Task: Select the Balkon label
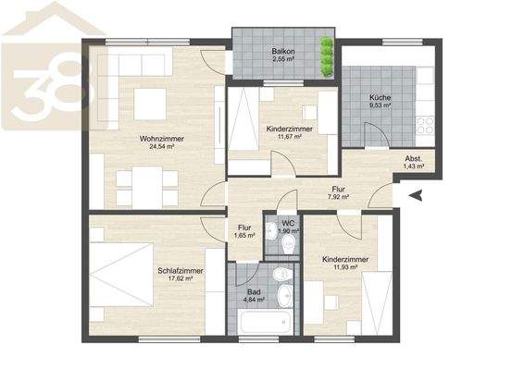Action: click(283, 51)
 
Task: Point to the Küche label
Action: click(380, 97)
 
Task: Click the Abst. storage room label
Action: click(414, 159)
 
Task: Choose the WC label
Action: click(288, 222)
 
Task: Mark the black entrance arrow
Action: click(415, 194)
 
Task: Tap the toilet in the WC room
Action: click(288, 243)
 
